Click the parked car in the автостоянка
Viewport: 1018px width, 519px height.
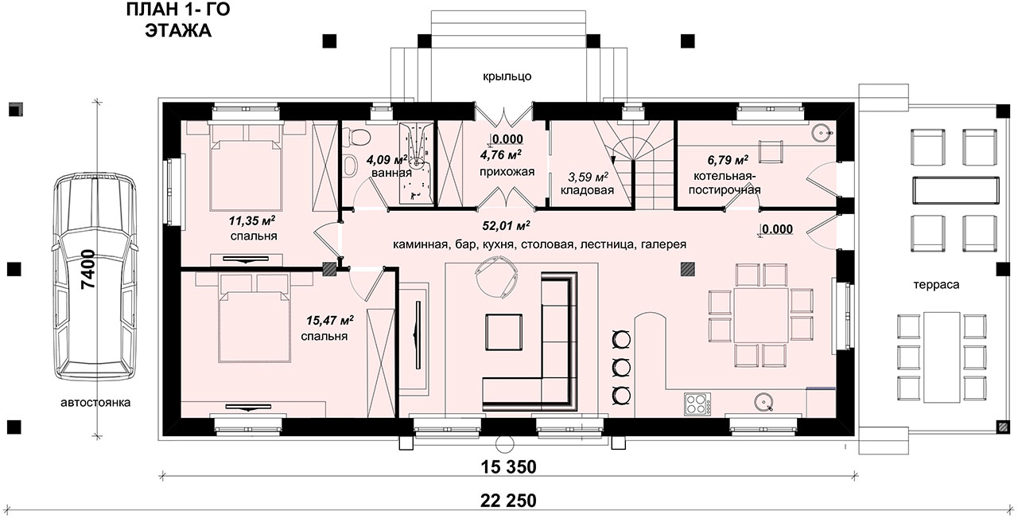95,276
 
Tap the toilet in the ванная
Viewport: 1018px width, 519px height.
357,136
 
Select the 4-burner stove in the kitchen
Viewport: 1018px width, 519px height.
697,404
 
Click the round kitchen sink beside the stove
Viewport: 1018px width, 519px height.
763,402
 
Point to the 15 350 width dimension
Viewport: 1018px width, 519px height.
508,466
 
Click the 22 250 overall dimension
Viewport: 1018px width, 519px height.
508,501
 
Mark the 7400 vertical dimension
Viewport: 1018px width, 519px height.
88,269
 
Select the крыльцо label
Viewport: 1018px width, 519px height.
507,76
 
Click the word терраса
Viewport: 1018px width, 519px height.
936,285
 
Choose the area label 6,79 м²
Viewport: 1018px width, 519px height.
728,160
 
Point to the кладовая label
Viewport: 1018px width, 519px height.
587,190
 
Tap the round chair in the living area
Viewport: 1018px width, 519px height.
495,276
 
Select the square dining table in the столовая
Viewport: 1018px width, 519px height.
761,315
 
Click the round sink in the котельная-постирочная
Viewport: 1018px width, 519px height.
822,133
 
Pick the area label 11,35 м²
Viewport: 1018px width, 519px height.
252,221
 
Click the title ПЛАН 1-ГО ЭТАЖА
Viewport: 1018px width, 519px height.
178,20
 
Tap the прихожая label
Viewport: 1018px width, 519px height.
507,172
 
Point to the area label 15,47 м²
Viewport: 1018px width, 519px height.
330,321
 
